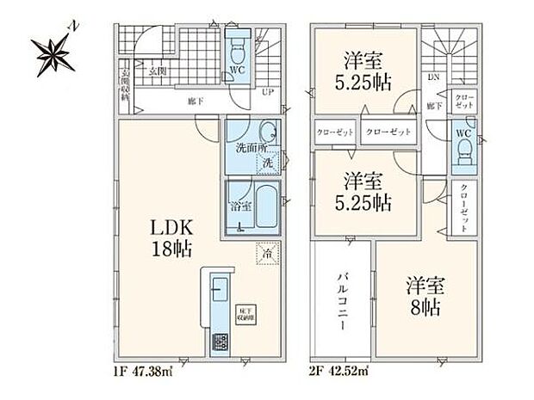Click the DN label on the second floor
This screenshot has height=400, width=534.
point(431,76)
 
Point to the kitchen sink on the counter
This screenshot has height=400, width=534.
point(216,290)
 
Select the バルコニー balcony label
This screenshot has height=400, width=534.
point(341,303)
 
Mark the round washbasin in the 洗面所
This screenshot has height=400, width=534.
point(268,133)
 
